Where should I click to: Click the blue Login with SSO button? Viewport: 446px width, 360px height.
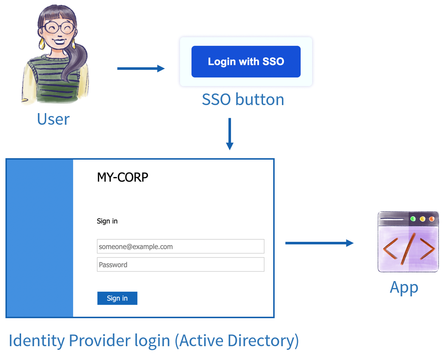click(246, 61)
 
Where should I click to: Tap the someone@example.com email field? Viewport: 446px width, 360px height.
click(180, 247)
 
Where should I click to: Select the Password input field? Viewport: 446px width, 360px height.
click(180, 265)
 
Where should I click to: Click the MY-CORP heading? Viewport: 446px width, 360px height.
click(123, 177)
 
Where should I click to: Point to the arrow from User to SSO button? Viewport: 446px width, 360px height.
click(141, 68)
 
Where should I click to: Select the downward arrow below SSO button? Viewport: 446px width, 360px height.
click(230, 133)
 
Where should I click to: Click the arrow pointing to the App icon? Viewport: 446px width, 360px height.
click(319, 243)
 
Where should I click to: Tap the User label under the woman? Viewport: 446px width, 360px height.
click(53, 119)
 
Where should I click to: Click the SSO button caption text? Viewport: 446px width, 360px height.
click(243, 100)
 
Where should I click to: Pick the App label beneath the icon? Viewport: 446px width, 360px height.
click(404, 288)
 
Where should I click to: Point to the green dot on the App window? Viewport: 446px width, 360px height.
click(413, 219)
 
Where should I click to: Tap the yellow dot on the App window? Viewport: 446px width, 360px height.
click(422, 219)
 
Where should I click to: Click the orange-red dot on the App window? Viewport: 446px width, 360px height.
click(431, 219)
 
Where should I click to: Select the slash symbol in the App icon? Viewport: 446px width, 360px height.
click(409, 249)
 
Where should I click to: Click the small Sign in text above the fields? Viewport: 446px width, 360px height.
click(107, 221)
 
